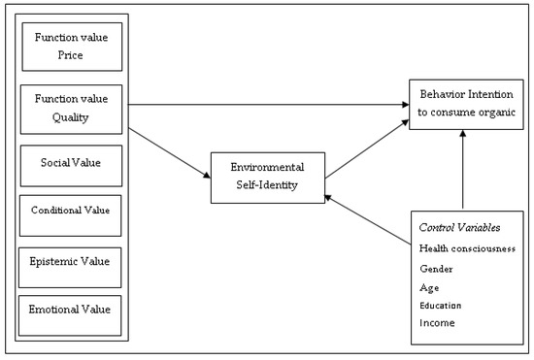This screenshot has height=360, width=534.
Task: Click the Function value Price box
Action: pos(72,46)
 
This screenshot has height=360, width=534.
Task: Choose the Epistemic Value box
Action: pos(72,261)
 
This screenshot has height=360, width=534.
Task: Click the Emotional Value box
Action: pos(72,310)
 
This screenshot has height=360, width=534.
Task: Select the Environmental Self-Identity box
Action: pos(267,176)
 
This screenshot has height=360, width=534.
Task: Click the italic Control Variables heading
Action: pos(461,227)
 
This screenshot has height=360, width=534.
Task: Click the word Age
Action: pos(429,286)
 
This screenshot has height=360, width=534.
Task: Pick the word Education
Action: pos(441,305)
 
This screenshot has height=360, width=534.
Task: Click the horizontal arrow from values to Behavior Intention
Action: pos(267,103)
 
